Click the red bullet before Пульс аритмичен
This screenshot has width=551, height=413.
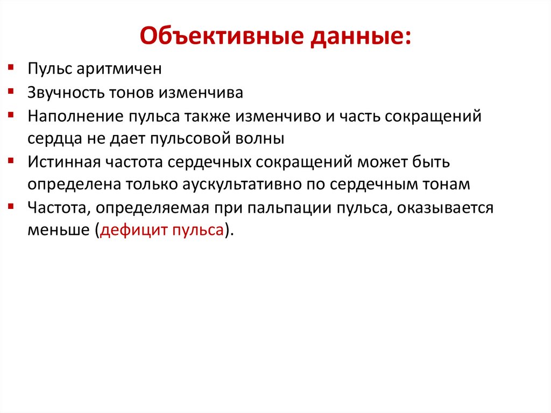tap(11, 68)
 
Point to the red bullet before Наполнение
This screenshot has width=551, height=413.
tap(11, 115)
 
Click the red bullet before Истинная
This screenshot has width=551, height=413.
tap(11, 160)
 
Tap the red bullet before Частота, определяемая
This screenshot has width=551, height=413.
tap(11, 206)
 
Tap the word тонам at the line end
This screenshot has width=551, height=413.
tap(447, 185)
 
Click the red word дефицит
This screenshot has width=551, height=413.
tap(133, 230)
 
